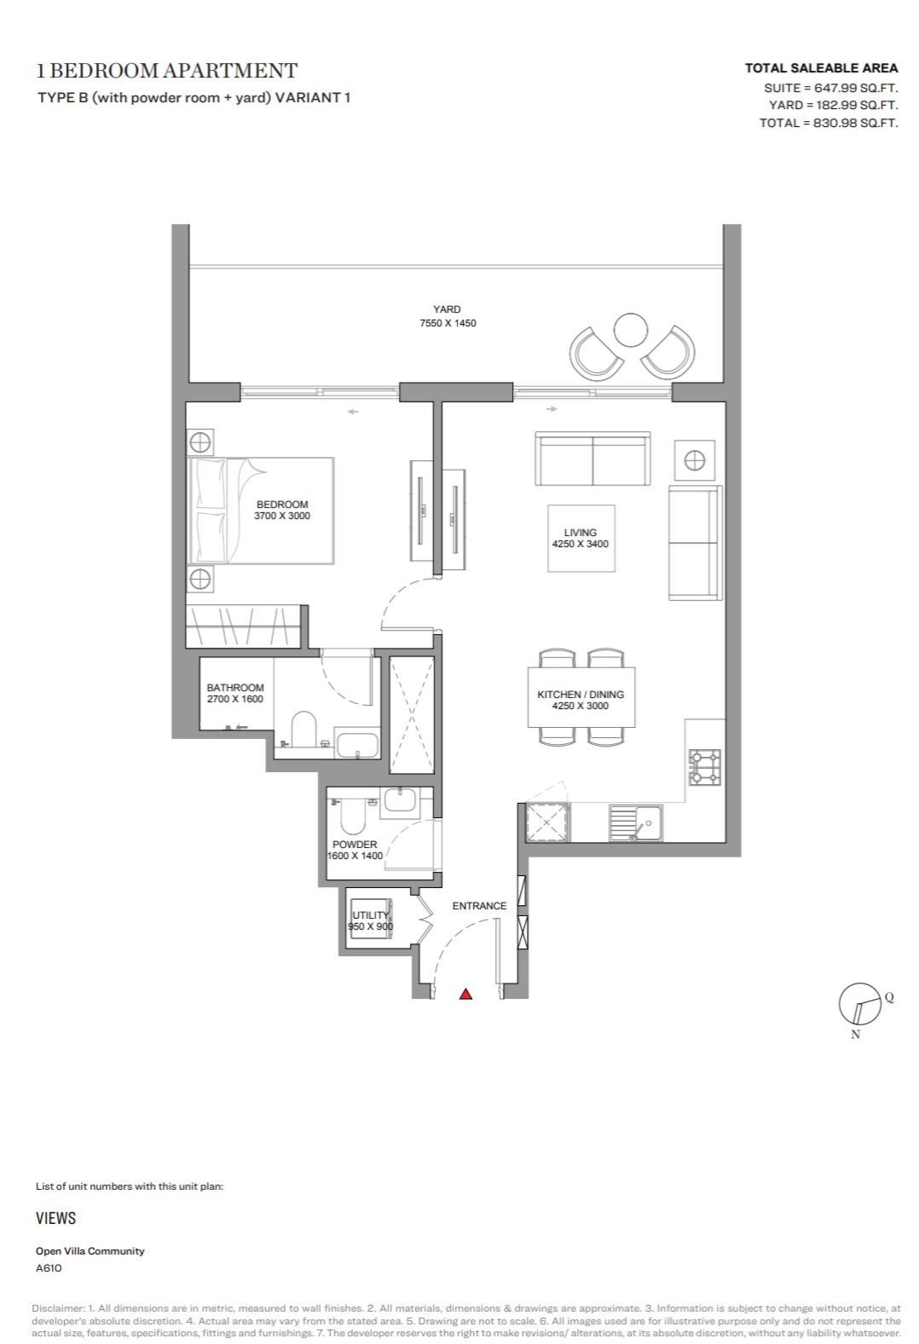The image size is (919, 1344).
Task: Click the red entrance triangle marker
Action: tap(465, 995)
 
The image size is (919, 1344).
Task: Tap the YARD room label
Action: tap(448, 309)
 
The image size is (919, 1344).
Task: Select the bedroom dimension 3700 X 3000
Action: tap(282, 516)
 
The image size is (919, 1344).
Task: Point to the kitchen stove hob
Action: tap(704, 767)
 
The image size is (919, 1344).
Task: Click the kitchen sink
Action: tap(636, 822)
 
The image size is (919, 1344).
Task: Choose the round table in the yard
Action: tap(630, 330)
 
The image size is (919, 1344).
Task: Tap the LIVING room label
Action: tap(581, 533)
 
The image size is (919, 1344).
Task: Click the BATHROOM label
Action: tap(235, 688)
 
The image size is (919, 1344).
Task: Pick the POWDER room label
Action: tap(355, 845)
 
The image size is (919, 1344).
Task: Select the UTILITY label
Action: tap(370, 915)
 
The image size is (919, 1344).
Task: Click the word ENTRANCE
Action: tap(479, 906)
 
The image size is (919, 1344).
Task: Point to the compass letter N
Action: tap(855, 1035)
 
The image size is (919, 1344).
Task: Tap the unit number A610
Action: tap(49, 1268)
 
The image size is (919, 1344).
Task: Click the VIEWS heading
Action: tap(55, 1218)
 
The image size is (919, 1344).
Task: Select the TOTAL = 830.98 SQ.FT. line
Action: tap(829, 123)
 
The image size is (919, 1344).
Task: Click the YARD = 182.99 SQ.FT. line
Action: tap(834, 105)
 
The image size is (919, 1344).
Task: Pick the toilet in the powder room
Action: tap(349, 814)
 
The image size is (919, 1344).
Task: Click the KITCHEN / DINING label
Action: tap(581, 695)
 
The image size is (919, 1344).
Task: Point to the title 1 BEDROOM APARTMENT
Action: tap(167, 71)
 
